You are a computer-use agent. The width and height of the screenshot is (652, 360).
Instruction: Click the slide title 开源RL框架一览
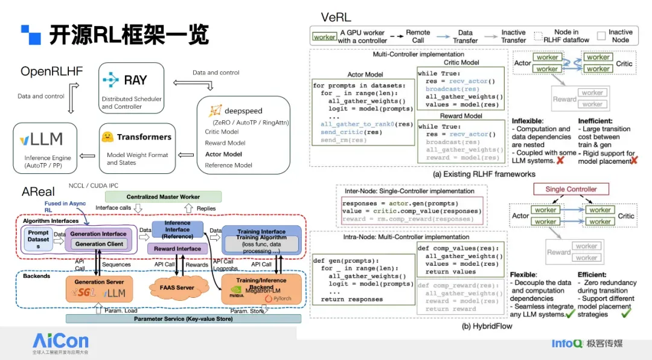tap(129, 34)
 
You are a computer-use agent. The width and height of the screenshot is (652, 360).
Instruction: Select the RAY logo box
tap(132, 88)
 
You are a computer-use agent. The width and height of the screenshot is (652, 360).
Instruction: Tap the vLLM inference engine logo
tap(42, 140)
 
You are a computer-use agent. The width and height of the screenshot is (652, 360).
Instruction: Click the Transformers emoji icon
tap(109, 137)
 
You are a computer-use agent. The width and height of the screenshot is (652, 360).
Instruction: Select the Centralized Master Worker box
tap(163, 197)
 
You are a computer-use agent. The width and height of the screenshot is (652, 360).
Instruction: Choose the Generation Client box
tap(98, 244)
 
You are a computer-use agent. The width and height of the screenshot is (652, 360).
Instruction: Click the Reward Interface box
tap(177, 249)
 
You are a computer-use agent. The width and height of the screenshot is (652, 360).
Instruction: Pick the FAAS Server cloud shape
tap(177, 288)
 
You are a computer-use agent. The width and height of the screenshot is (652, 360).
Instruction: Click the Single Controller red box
tap(571, 189)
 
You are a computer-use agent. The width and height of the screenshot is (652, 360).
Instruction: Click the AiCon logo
tap(60, 342)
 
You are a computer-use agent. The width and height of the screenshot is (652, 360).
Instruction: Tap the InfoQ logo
tap(566, 344)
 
